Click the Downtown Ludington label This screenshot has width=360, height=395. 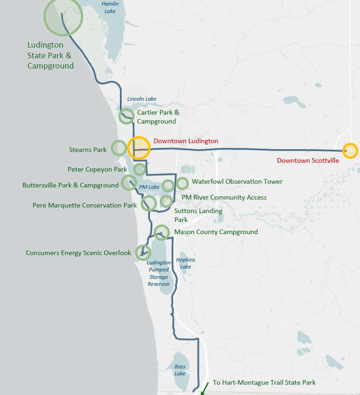point(186,141)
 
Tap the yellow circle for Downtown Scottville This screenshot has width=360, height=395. point(350,151)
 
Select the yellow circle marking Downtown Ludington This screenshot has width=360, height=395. point(139,148)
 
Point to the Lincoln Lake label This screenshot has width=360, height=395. point(142,99)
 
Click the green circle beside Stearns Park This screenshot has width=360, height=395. point(119,148)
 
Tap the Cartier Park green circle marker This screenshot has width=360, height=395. point(126,116)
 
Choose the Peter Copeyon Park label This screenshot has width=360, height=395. point(97,169)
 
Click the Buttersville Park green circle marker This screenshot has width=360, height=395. point(128,182)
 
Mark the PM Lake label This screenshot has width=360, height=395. point(149,187)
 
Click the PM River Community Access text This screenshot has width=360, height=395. point(224,197)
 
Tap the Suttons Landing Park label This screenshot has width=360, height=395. point(198,215)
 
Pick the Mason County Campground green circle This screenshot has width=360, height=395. point(161,232)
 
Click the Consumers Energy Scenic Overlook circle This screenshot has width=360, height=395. point(142,252)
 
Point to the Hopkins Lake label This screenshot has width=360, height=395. point(186,263)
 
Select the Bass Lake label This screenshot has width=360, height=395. point(180,370)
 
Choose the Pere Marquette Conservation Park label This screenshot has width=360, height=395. point(85,205)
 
